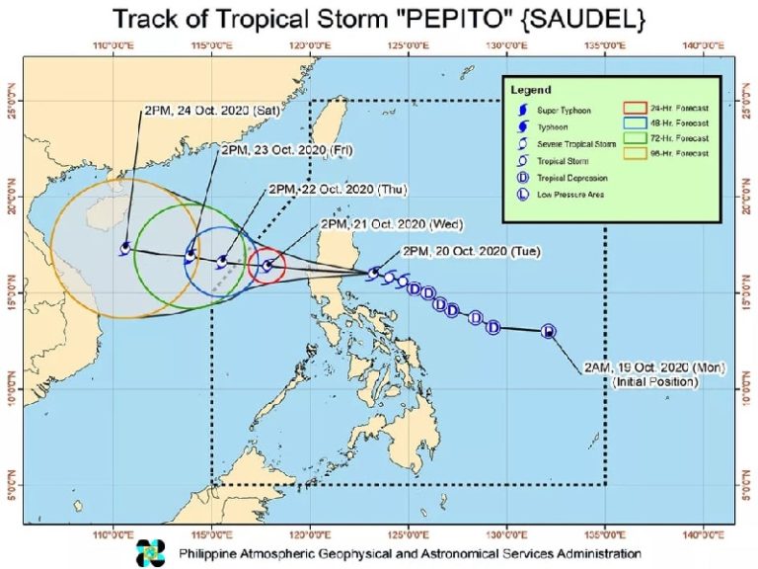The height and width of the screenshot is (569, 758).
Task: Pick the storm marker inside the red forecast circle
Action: pyautogui.click(x=267, y=265)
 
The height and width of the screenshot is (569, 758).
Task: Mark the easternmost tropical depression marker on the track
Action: pyautogui.click(x=549, y=331)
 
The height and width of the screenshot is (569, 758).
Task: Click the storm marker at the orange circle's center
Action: pyautogui.click(x=125, y=248)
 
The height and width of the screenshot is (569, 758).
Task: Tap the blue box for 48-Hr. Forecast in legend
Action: pyautogui.click(x=633, y=125)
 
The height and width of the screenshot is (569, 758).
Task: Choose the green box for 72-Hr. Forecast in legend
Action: pyautogui.click(x=633, y=141)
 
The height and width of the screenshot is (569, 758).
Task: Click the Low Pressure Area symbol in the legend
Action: pyautogui.click(x=520, y=195)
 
